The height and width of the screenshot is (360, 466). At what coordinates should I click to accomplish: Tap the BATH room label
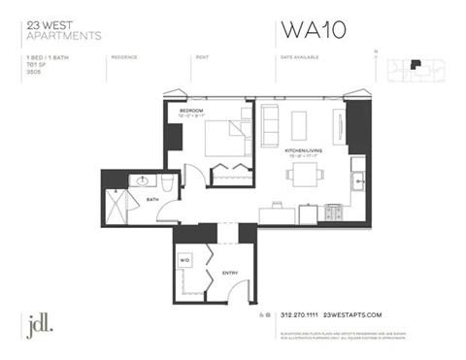click(151, 199)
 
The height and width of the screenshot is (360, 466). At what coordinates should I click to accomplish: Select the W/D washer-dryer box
click(186, 260)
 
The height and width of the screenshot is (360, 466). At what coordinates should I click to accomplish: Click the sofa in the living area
click(270, 122)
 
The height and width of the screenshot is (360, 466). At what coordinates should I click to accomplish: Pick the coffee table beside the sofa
click(298, 124)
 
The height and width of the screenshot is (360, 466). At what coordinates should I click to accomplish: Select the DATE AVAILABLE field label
click(301, 57)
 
